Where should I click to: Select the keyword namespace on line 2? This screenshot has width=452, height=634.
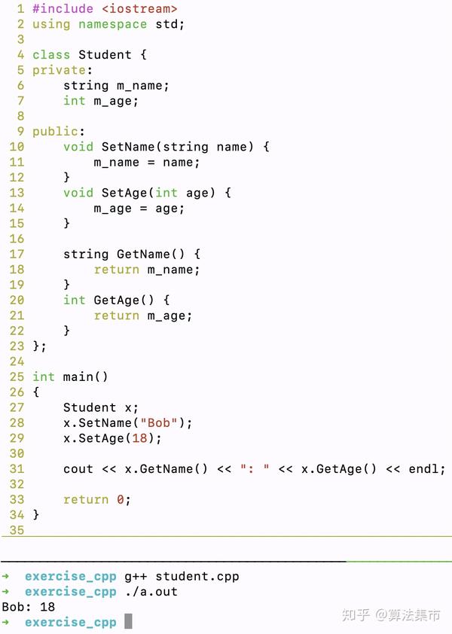click(x=112, y=24)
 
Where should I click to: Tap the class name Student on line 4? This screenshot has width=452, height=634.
click(x=105, y=54)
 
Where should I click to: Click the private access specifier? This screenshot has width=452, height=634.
click(x=59, y=70)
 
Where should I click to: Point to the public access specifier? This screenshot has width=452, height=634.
click(x=55, y=132)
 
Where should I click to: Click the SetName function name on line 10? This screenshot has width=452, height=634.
click(x=128, y=147)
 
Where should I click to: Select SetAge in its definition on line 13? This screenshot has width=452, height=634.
click(x=124, y=193)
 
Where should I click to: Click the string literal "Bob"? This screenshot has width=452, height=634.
click(x=159, y=423)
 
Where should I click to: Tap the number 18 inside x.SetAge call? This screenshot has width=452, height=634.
click(x=139, y=438)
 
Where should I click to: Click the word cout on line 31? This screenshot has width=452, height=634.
click(x=78, y=469)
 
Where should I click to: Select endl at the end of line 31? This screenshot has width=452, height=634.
click(x=423, y=469)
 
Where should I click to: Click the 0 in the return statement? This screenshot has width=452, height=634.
click(x=121, y=500)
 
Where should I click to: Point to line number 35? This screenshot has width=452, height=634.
click(x=17, y=530)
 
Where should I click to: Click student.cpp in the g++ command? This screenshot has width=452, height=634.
click(x=197, y=577)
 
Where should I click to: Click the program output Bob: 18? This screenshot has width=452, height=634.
click(x=29, y=607)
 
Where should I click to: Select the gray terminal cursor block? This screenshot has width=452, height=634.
click(x=128, y=621)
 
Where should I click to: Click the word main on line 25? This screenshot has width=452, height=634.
click(x=78, y=376)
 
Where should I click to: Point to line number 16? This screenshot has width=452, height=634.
click(x=17, y=239)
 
